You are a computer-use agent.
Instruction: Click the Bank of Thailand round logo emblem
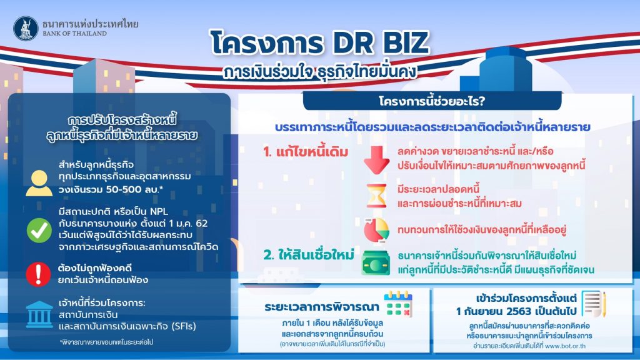point(26,28)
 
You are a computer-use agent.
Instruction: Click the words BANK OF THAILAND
point(75,34)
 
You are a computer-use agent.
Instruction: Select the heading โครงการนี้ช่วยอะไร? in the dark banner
point(432,101)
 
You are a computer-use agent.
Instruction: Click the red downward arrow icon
point(376,159)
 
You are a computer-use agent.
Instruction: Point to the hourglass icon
point(376,196)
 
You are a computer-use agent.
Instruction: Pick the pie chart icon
point(376,229)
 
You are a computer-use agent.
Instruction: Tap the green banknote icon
point(376,263)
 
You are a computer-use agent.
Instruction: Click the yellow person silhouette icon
point(39,183)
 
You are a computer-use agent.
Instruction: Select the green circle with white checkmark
point(39,230)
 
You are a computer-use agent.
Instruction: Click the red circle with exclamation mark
point(38,274)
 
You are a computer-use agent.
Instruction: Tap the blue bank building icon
point(39,315)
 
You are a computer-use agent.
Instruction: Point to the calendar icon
point(398,304)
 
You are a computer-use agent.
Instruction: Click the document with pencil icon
point(594,304)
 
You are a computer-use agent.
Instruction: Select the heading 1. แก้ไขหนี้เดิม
point(306,152)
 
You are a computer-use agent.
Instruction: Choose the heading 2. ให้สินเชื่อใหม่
point(309,255)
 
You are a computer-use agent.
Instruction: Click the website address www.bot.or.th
point(565,346)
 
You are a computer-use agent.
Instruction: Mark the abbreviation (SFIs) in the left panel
point(184,326)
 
